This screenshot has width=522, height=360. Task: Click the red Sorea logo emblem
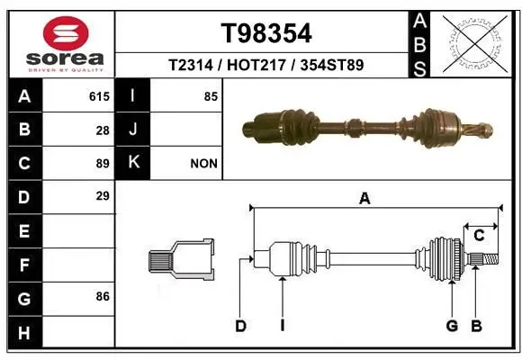pos(66,33)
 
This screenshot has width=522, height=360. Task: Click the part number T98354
pos(266,33)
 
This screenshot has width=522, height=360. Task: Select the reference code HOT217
pos(256,65)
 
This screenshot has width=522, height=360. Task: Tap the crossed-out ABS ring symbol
pos(475,44)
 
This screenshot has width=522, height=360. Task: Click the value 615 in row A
pos(99,96)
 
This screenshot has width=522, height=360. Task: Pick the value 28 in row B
pos(103,130)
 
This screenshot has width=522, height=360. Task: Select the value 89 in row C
pos(103,164)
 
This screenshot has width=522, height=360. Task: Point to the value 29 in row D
pos(103,196)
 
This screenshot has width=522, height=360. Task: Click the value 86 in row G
pos(103,296)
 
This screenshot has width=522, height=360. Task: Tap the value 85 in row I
pos(211,96)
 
